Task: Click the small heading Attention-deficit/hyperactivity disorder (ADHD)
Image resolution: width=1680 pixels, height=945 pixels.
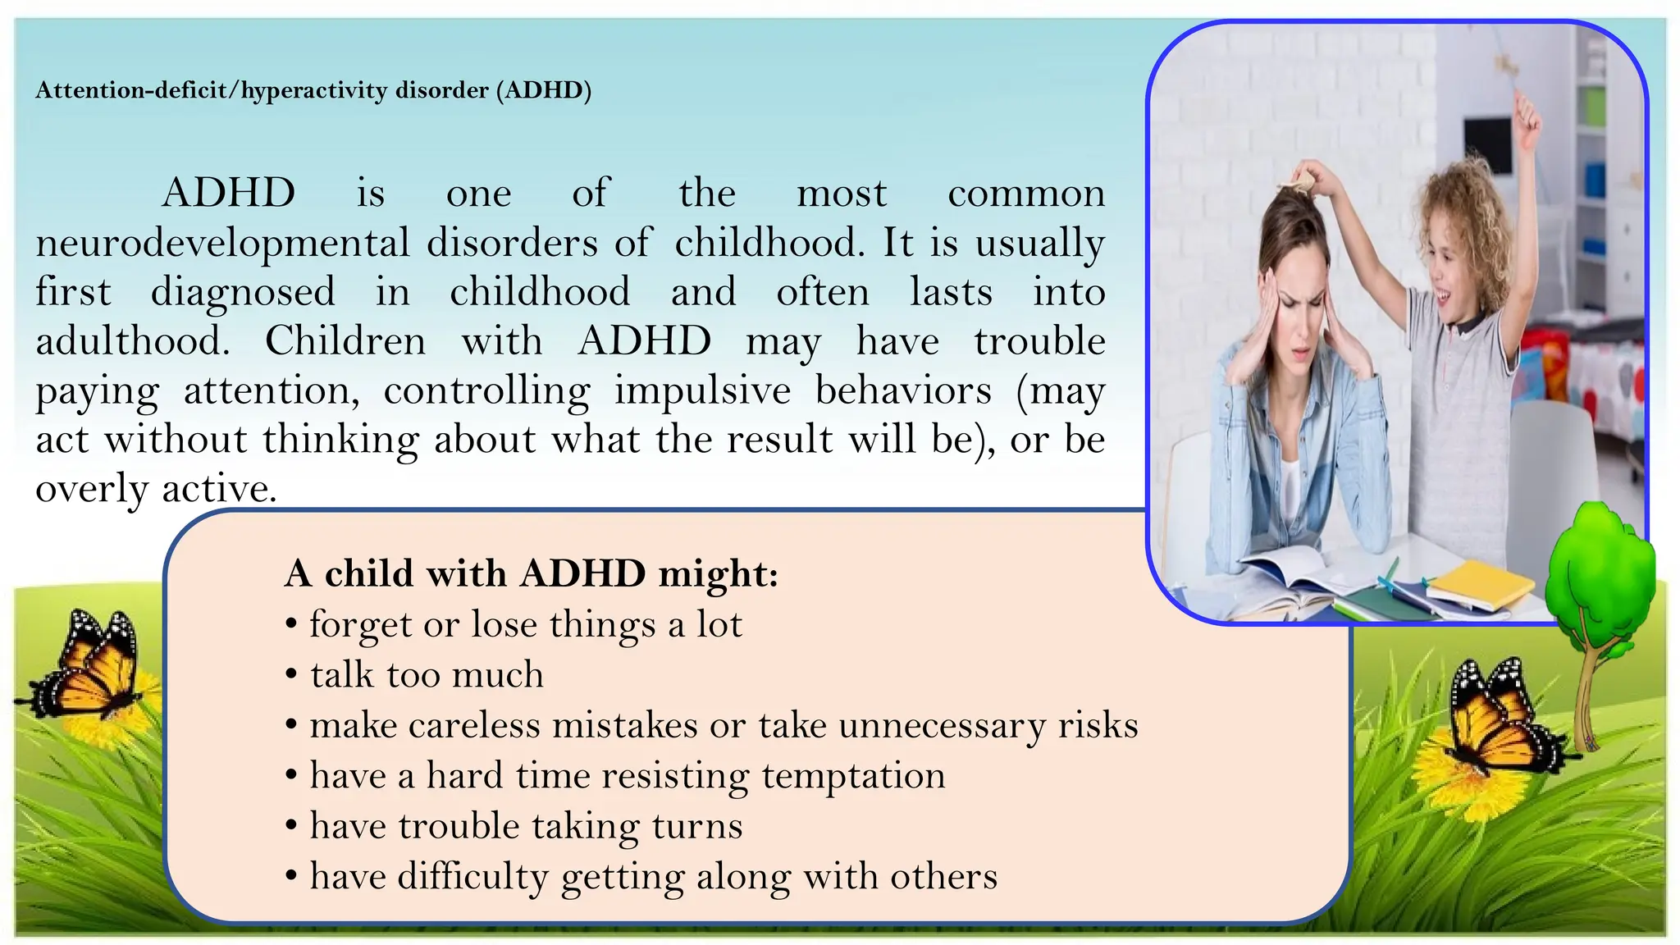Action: click(x=313, y=89)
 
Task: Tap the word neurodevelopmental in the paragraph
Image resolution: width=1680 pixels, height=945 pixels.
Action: click(x=222, y=243)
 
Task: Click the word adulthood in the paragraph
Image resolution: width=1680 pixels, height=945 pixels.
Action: click(x=132, y=341)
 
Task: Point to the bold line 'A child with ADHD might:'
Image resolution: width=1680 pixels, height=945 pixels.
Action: click(x=531, y=573)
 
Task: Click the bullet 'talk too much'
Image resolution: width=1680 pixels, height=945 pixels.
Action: click(x=426, y=675)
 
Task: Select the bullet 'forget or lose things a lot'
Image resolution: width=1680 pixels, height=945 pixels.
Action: click(x=525, y=625)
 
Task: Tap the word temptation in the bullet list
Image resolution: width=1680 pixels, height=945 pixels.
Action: click(x=853, y=776)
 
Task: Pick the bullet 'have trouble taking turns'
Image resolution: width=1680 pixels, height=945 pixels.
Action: click(x=525, y=826)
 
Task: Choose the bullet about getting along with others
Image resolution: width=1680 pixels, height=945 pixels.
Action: click(x=653, y=877)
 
